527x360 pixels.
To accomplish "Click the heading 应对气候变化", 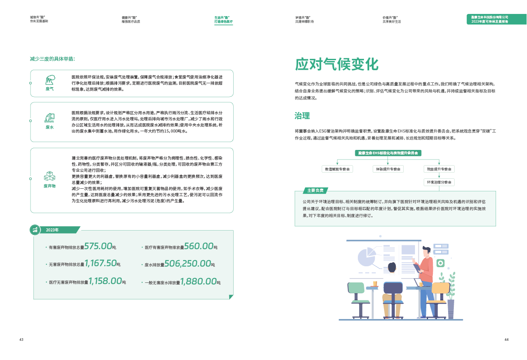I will pyautogui.click(x=337, y=64).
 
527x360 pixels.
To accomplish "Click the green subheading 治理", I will pyautogui.click(x=302, y=115).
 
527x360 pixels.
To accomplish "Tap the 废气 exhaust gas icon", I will pyautogui.click(x=50, y=80).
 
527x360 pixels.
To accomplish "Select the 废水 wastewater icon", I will pyautogui.click(x=49, y=118).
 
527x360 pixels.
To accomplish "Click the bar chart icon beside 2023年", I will pyautogui.click(x=35, y=229).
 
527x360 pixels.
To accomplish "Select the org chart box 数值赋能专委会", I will pyautogui.click(x=338, y=169).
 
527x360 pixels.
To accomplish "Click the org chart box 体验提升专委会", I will pyautogui.click(x=388, y=169).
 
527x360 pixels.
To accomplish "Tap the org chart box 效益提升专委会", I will pyautogui.click(x=439, y=169).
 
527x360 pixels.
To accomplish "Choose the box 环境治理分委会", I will pyautogui.click(x=439, y=182).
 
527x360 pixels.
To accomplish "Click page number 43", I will pyautogui.click(x=21, y=340).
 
